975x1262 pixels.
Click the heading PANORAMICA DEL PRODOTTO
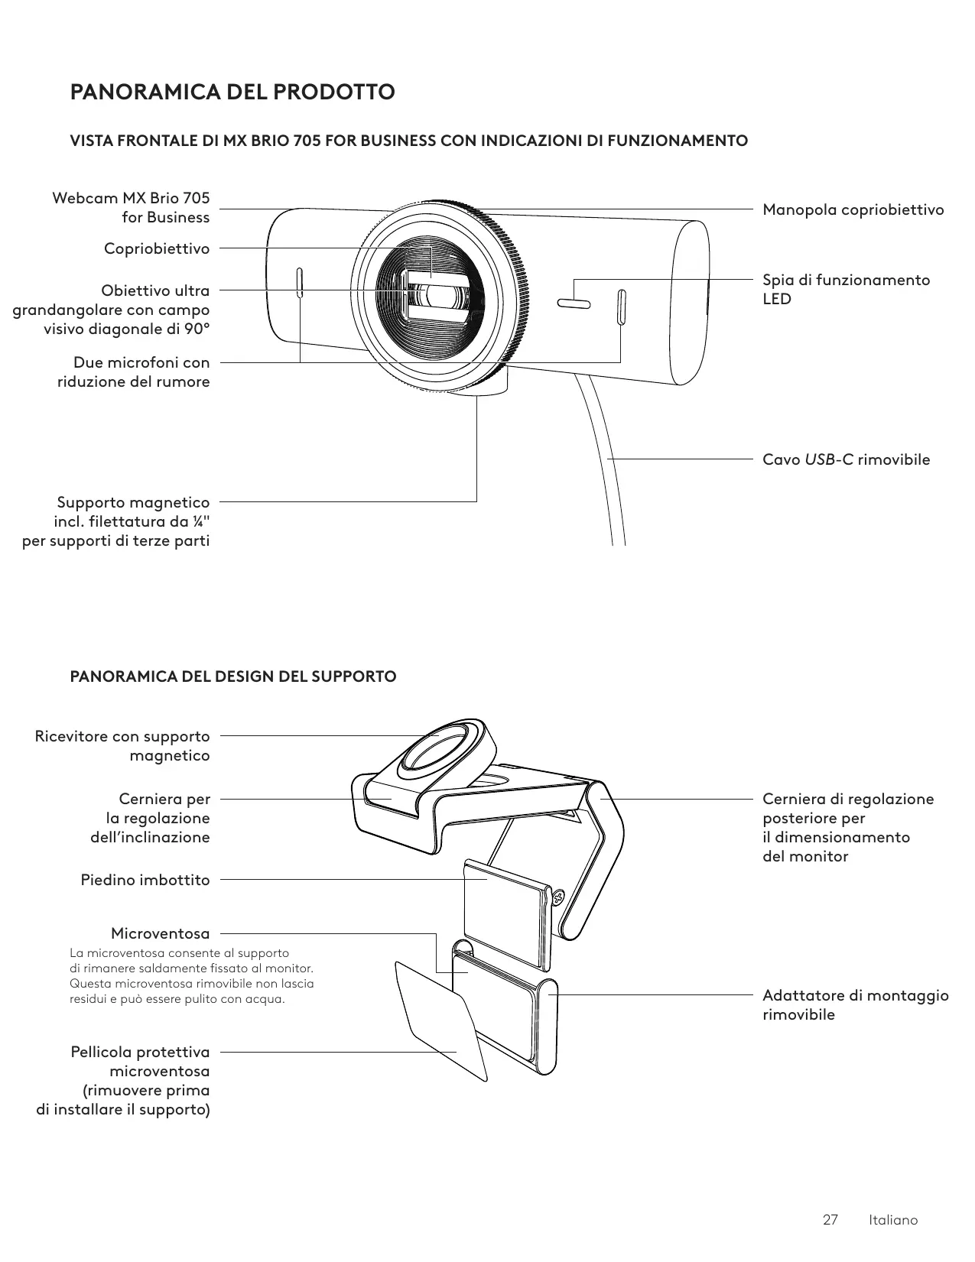point(232,92)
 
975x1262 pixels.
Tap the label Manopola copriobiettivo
point(853,209)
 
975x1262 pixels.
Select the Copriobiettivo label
point(157,248)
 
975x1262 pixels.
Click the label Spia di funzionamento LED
point(846,289)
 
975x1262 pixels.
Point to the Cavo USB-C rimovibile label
point(846,459)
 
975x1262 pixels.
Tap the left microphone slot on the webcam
point(299,283)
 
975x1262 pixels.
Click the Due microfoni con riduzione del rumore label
point(134,371)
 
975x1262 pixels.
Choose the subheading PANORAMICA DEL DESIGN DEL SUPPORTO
point(233,676)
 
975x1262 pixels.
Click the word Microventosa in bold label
point(160,933)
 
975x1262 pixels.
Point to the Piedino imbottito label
point(145,880)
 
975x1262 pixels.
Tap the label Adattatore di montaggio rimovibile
point(855,1004)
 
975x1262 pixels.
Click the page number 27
point(830,1219)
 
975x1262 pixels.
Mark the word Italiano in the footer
point(893,1219)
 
